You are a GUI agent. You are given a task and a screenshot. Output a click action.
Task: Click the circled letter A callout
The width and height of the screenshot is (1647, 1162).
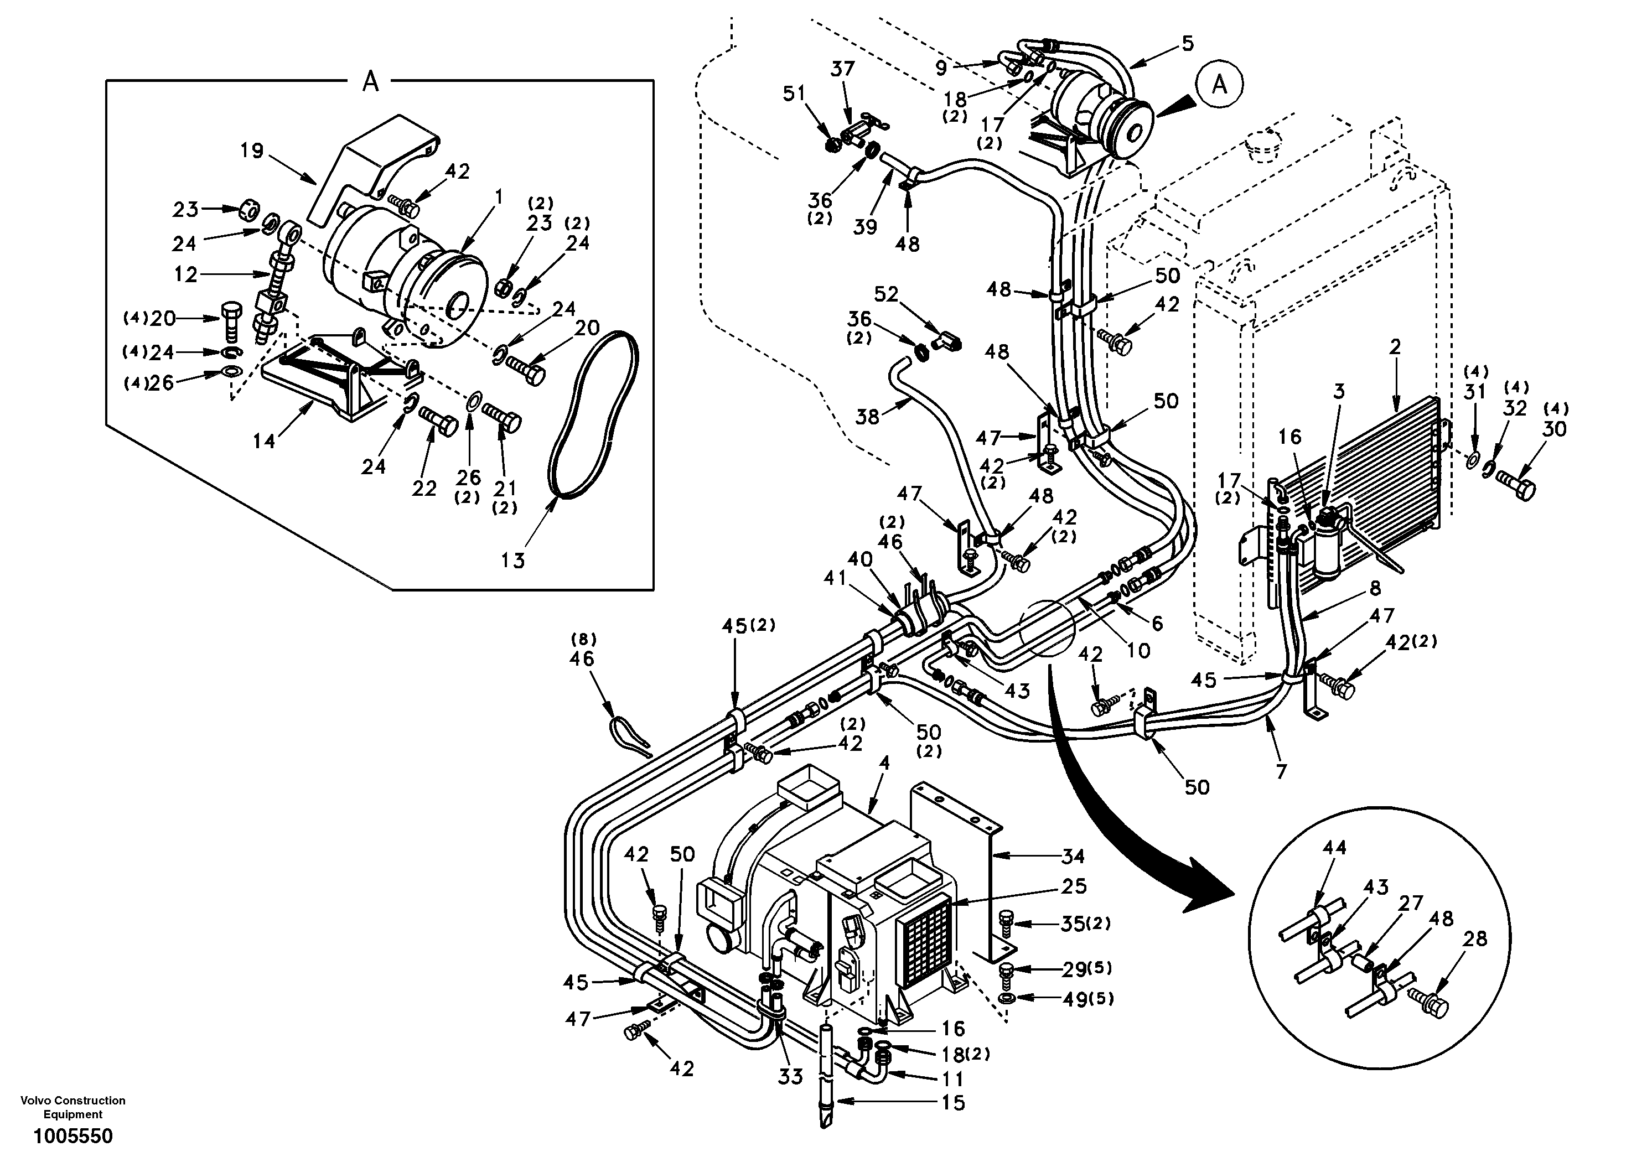click(1219, 85)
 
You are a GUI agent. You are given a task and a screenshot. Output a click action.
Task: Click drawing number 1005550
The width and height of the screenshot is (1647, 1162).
click(72, 1137)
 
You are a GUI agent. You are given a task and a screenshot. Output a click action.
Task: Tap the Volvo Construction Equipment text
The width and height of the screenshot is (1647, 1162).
click(72, 1107)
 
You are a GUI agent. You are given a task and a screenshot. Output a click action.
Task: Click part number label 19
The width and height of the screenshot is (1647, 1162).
click(252, 152)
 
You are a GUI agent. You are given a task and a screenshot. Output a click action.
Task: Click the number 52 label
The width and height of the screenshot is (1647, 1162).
click(886, 295)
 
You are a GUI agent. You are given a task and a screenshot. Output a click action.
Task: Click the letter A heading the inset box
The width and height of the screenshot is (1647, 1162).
click(370, 82)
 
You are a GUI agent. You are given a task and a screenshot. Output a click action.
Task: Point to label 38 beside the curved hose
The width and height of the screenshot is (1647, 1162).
click(867, 416)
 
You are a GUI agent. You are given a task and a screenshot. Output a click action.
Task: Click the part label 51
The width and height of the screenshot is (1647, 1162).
click(794, 94)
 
